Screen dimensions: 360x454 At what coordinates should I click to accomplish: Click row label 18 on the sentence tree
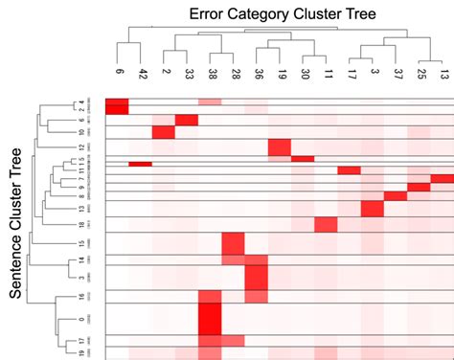coord(84,223)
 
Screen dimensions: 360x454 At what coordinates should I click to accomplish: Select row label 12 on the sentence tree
coord(84,146)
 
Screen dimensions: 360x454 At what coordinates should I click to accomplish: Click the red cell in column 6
coord(116,106)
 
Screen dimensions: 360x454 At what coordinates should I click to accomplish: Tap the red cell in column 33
coord(187,120)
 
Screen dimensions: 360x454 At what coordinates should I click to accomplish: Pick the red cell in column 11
coord(326,224)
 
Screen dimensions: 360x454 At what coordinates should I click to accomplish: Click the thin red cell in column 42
coord(141,164)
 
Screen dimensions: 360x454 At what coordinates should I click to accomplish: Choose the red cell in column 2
coord(163,131)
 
